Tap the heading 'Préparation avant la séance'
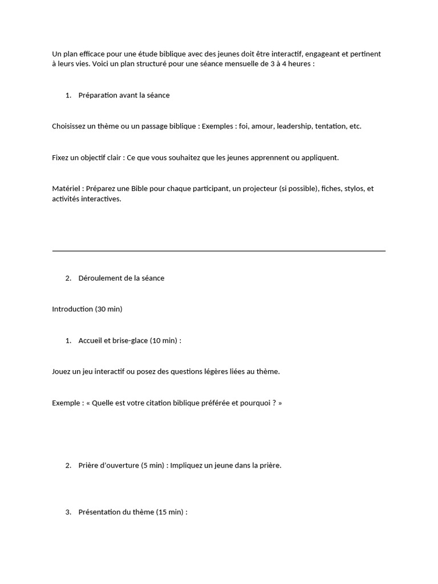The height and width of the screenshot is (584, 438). coord(124,95)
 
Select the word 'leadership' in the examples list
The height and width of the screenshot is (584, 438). coord(294,126)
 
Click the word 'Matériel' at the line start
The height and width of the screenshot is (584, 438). coord(66,189)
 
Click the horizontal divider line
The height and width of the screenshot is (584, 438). coord(218,250)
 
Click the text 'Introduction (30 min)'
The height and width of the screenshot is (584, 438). coord(87,309)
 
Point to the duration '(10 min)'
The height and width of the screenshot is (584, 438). coord(164,340)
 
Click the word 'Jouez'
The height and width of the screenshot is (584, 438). coord(62,372)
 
